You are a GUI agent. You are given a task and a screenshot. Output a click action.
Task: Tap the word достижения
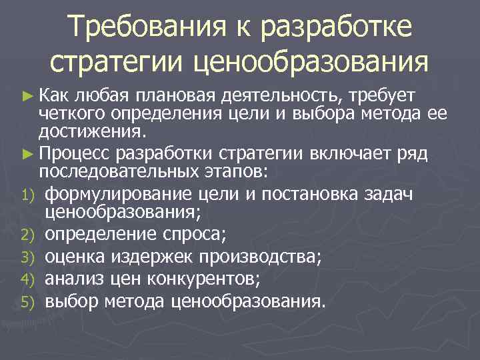click(x=82, y=129)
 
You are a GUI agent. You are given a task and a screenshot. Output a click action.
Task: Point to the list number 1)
click(x=32, y=194)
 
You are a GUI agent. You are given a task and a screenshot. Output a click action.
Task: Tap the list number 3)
click(x=32, y=257)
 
